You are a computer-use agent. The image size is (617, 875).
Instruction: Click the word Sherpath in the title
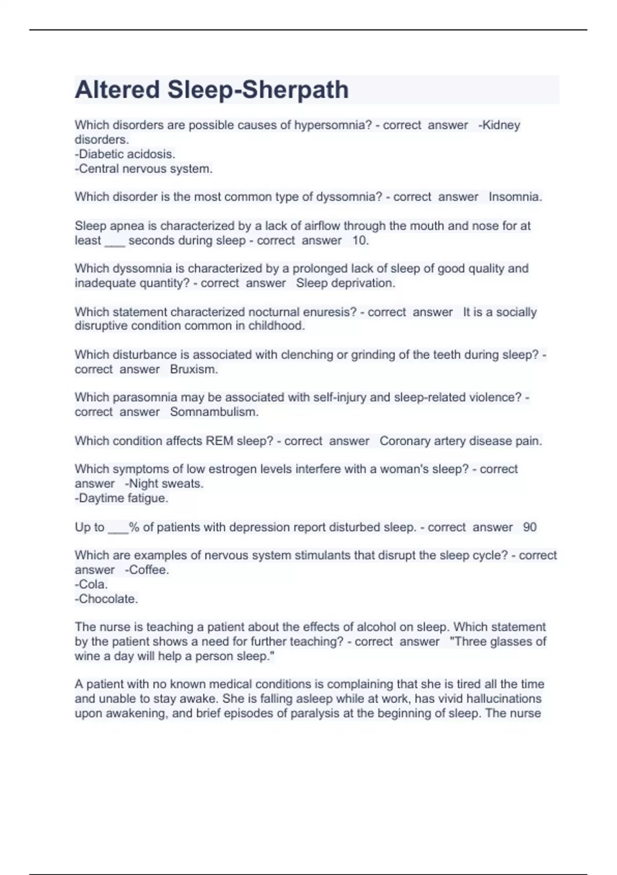click(295, 90)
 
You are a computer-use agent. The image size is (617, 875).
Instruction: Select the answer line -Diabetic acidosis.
click(125, 154)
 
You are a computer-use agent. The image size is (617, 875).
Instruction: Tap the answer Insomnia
click(515, 197)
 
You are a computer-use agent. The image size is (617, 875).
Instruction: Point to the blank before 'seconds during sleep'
click(115, 241)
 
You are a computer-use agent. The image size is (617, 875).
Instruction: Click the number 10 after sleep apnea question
click(359, 240)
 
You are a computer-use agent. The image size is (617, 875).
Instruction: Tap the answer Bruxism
click(194, 369)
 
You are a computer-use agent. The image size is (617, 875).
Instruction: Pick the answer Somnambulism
click(214, 412)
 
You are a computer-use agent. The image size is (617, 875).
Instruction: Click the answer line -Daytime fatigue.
click(121, 498)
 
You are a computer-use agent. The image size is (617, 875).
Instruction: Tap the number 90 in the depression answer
click(530, 527)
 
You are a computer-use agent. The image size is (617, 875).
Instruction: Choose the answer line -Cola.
click(91, 584)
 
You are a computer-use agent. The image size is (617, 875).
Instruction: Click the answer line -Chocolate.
click(106, 599)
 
